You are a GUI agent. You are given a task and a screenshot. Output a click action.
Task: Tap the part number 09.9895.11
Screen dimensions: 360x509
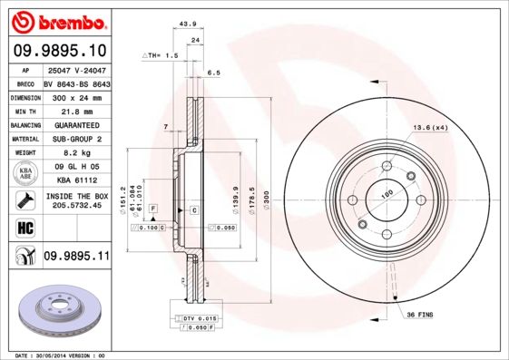coord(76,258)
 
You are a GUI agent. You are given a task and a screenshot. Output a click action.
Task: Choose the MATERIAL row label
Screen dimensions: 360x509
coord(24,139)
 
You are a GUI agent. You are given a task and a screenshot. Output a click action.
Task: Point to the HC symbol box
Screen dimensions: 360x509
coord(25,227)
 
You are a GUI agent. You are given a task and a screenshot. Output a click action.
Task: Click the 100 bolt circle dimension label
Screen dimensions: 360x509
coord(386,193)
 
